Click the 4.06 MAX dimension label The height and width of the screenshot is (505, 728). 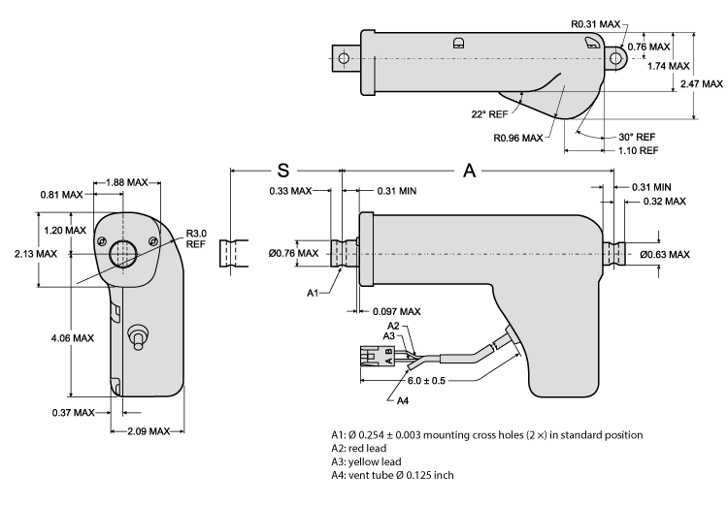pos(72,338)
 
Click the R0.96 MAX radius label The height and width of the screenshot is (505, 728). pos(518,138)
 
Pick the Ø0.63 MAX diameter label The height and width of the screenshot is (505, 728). pos(664,254)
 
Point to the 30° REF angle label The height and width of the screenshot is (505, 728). pos(636,137)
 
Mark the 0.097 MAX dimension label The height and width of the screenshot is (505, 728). pos(396,311)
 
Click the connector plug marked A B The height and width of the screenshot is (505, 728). pos(375,355)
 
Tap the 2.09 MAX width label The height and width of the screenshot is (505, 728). pos(147,430)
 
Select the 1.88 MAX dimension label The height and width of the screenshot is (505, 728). pos(126,182)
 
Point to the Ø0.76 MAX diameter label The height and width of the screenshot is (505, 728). pos(294,254)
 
